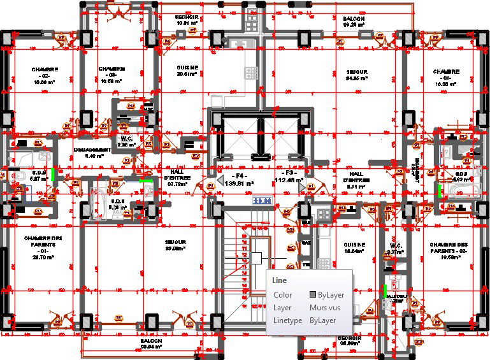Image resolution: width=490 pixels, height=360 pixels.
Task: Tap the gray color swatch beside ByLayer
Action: coord(313,295)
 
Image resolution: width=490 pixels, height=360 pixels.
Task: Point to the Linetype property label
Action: coord(287,320)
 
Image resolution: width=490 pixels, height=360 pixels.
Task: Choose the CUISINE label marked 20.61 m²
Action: coord(187,70)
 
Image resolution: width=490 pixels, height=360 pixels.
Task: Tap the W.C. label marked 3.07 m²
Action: coord(396,248)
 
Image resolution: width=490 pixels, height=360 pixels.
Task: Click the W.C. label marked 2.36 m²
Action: coord(126,141)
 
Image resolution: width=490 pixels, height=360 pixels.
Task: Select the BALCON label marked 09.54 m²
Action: coord(152,344)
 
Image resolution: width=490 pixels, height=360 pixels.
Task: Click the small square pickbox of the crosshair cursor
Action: coord(257,258)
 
